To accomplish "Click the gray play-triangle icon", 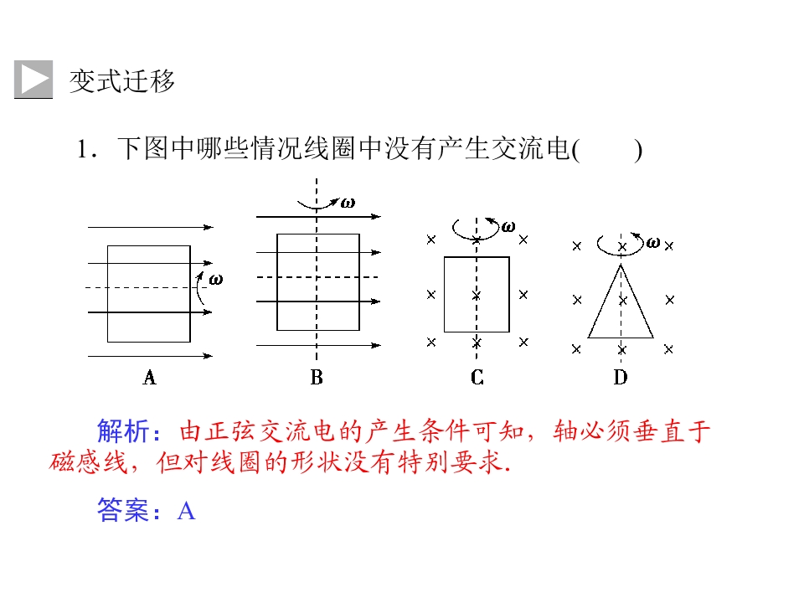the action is [33, 79].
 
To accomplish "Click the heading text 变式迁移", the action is [122, 81].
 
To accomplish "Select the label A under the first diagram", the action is [149, 378].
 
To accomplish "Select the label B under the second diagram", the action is [317, 378].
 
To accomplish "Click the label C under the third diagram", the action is [477, 378].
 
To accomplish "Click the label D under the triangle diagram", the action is [621, 378].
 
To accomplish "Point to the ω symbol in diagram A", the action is [216, 280].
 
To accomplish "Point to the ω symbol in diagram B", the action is [348, 203].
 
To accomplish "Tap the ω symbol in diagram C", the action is [508, 227].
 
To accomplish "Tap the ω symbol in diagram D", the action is [653, 243].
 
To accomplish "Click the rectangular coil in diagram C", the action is [444, 294].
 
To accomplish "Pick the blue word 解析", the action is [123, 430].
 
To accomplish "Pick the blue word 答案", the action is [123, 510].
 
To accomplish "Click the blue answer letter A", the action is [186, 511].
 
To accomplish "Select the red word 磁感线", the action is [88, 462].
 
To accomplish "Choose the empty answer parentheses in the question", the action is [607, 150].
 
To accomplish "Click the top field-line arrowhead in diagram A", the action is [209, 227].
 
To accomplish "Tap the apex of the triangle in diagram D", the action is [621, 265].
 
